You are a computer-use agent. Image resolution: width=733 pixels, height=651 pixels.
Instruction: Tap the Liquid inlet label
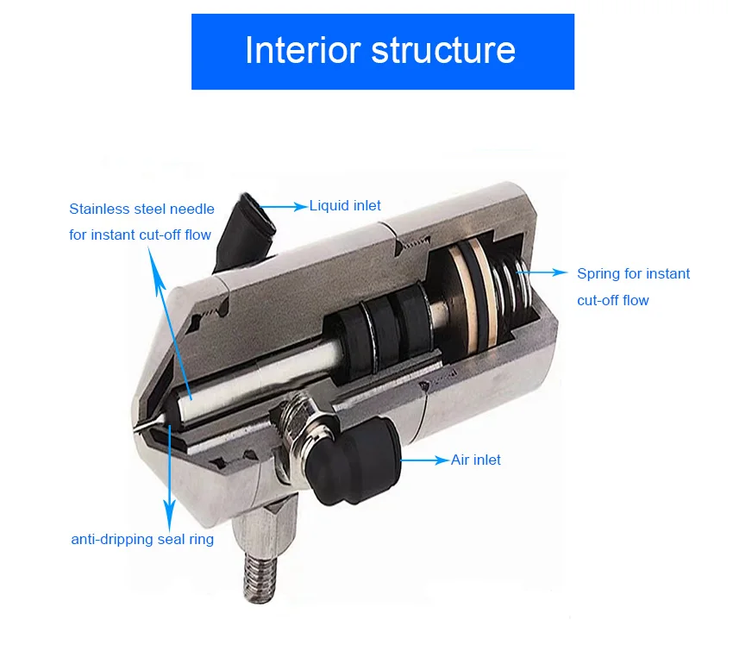[x=345, y=206]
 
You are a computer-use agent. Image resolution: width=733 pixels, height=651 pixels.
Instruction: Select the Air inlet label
[x=475, y=460]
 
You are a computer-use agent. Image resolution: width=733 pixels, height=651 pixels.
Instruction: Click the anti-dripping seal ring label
[x=142, y=540]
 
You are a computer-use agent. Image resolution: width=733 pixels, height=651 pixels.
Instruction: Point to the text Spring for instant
[x=633, y=274]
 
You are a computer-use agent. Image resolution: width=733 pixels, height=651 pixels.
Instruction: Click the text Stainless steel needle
[x=141, y=209]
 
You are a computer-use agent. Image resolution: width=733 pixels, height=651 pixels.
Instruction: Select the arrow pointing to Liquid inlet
[x=285, y=206]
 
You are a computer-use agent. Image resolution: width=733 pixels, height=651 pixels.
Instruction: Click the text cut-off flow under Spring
[x=612, y=301]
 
